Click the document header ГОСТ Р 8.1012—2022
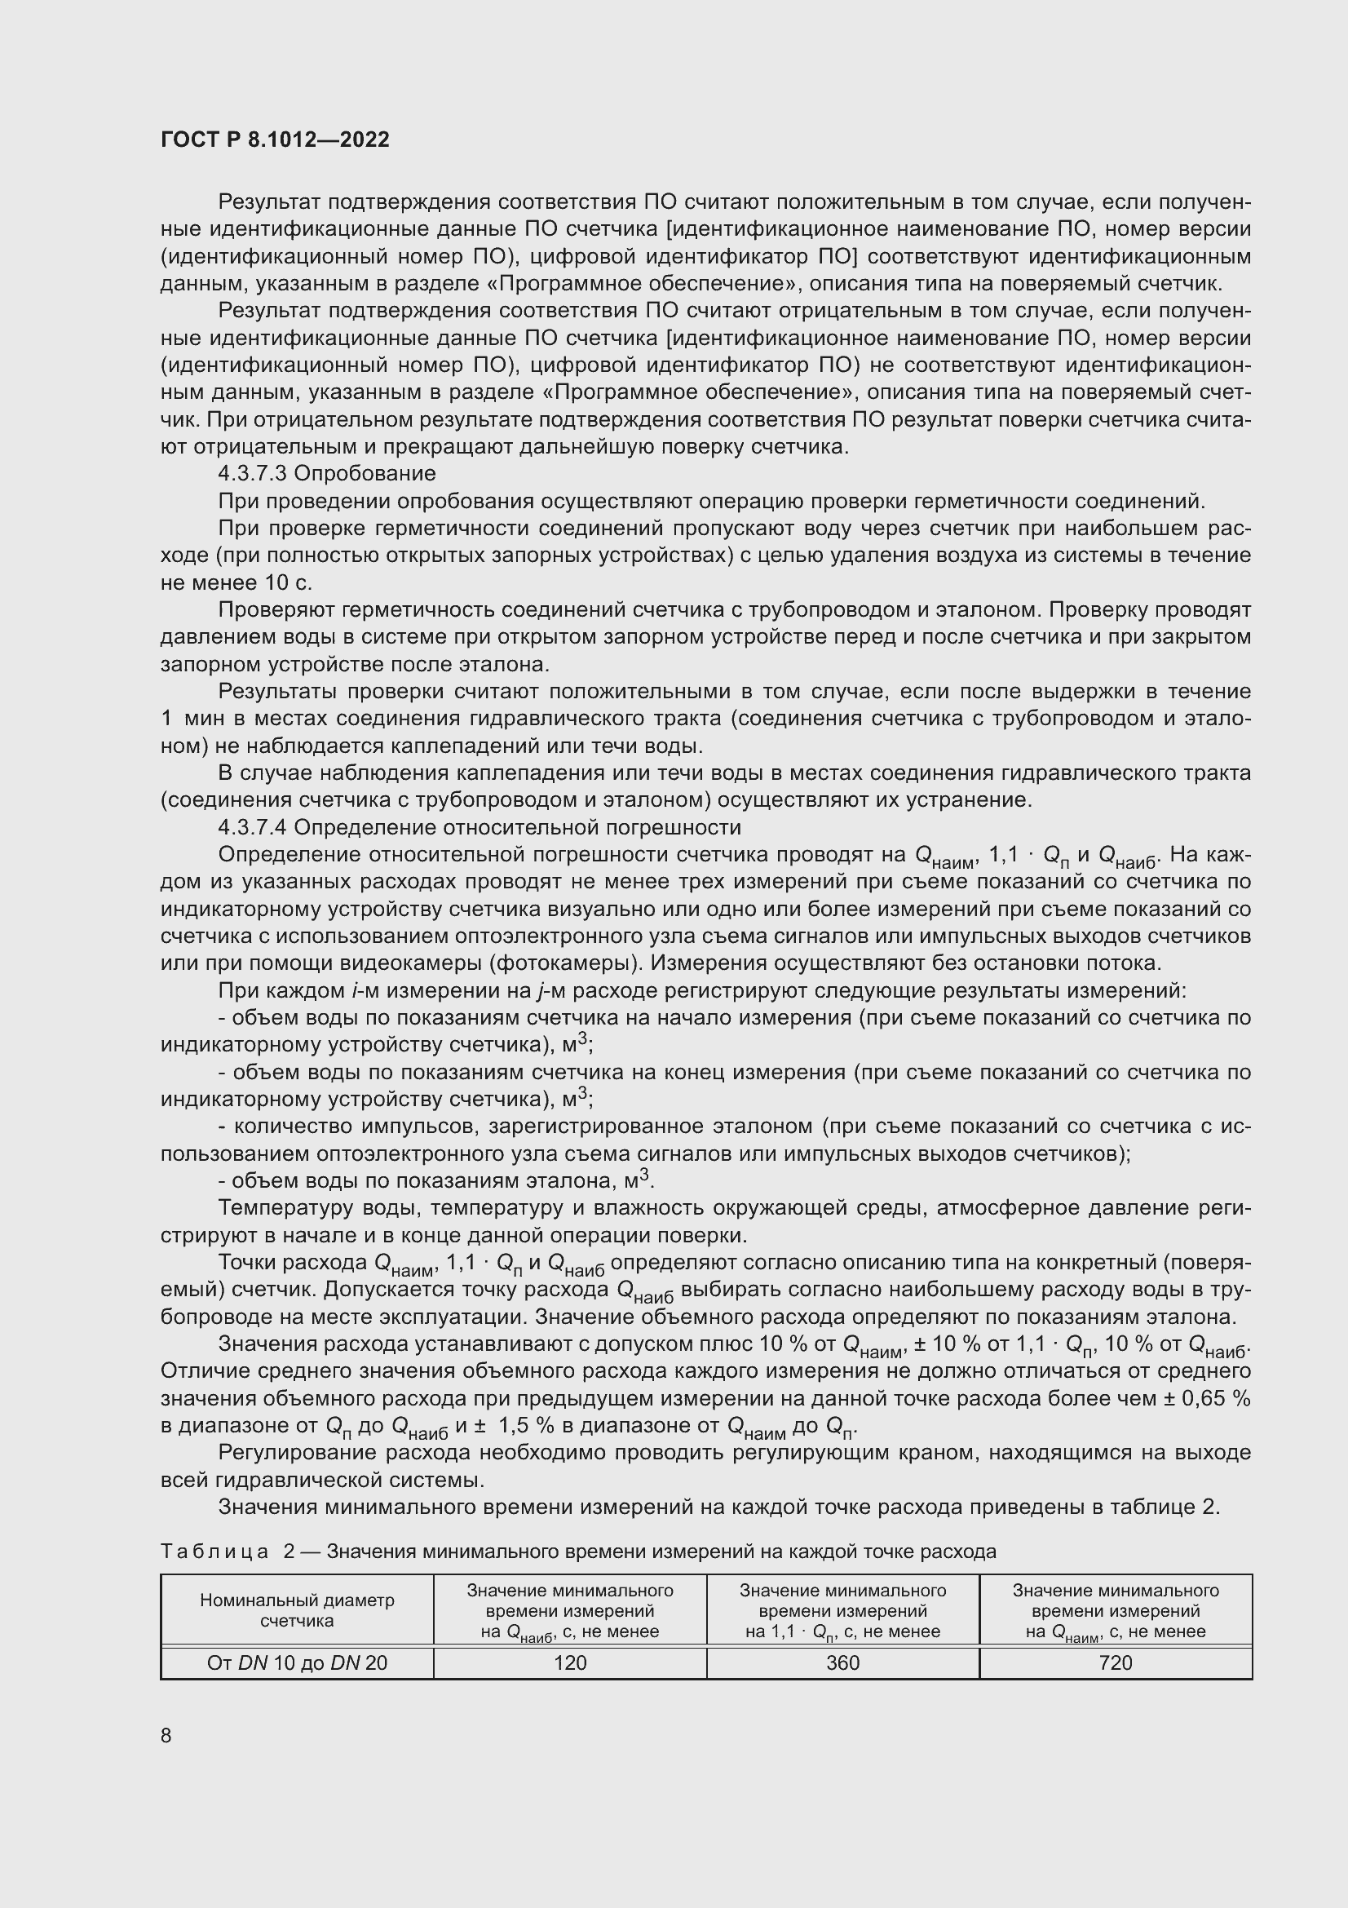(275, 139)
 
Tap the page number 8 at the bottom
(166, 1735)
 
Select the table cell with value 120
(570, 1662)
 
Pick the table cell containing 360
(842, 1662)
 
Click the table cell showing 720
(1116, 1662)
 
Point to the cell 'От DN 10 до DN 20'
(297, 1662)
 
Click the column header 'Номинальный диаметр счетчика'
(297, 1610)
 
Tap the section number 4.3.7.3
(253, 474)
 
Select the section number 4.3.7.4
(253, 828)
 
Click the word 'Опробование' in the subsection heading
(365, 474)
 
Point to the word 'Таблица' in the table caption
(214, 1552)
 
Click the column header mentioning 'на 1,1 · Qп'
(842, 1610)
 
